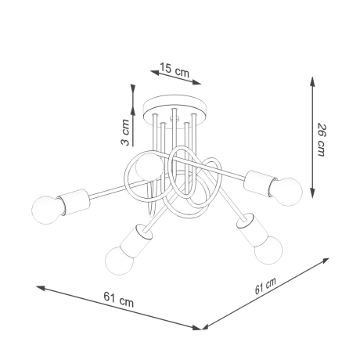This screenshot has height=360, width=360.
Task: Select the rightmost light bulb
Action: (286, 189)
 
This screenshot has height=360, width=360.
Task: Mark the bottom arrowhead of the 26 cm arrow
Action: (313, 193)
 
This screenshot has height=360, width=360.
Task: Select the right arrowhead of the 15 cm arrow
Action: (200, 81)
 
